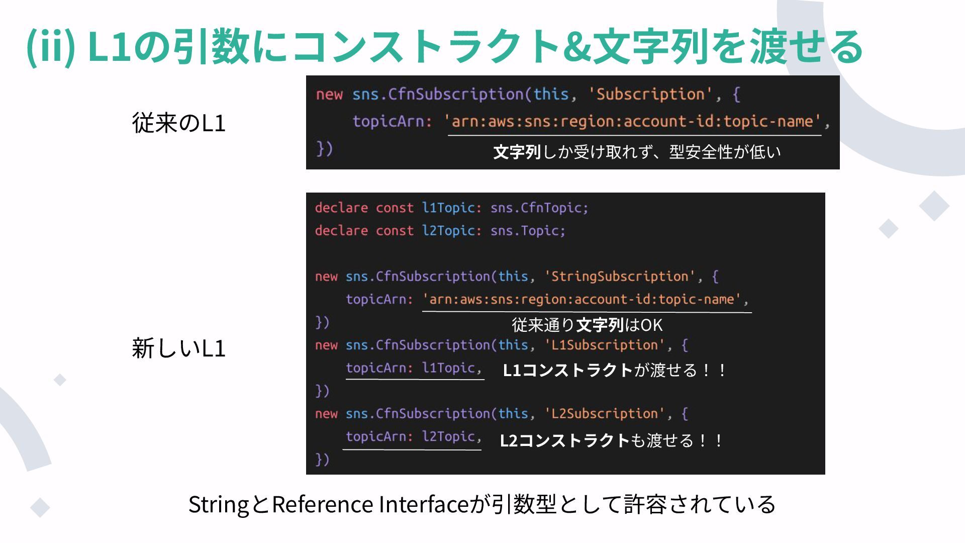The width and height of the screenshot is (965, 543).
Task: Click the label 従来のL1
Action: tap(178, 123)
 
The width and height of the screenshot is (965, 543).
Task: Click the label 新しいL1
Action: tap(178, 348)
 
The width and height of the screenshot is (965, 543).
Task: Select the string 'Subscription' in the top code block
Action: tap(650, 95)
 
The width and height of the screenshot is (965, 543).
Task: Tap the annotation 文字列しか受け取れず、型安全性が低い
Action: tap(637, 152)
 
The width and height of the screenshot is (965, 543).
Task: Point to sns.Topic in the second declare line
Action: tap(527, 231)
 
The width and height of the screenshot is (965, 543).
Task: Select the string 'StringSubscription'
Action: tap(620, 277)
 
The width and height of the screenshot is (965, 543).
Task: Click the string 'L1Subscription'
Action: tap(605, 345)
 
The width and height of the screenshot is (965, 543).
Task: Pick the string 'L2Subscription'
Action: tap(605, 414)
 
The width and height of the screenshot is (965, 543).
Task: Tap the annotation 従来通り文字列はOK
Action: tap(587, 325)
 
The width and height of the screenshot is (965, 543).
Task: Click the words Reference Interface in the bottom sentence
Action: tap(370, 504)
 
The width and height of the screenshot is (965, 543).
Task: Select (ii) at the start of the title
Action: tap(50, 46)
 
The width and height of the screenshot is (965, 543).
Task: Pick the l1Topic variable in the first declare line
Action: tap(448, 208)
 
